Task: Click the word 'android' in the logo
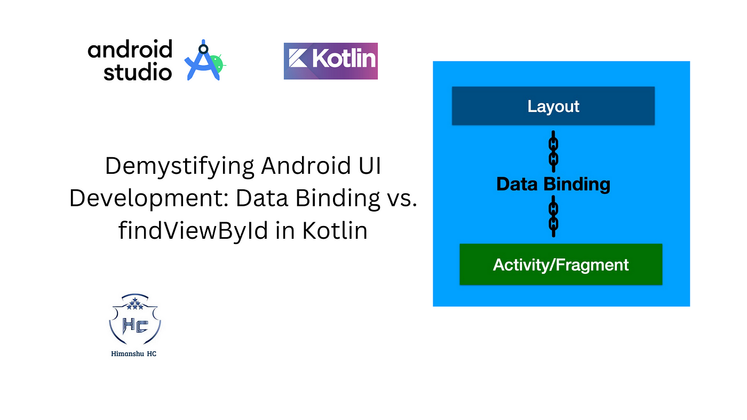click(130, 49)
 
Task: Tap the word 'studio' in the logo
click(138, 71)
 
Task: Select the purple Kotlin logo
click(330, 61)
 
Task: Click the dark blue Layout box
click(553, 106)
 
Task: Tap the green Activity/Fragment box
click(561, 264)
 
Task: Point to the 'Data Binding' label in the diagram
click(553, 184)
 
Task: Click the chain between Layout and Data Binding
click(554, 151)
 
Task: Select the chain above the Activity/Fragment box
click(554, 216)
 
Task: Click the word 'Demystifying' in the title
click(180, 166)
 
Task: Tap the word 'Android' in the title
click(306, 165)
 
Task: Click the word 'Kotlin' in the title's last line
click(335, 230)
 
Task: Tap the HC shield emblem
click(134, 319)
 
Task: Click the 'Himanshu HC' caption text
click(134, 354)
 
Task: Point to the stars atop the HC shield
click(134, 304)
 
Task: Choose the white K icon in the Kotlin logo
click(298, 58)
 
